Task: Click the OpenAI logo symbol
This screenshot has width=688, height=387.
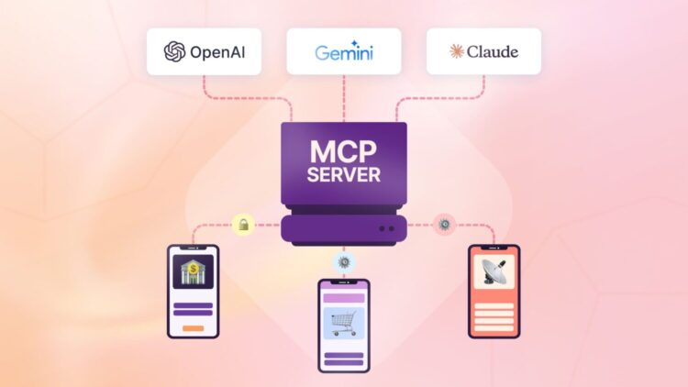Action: (174, 52)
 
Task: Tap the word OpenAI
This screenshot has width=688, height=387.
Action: (214, 52)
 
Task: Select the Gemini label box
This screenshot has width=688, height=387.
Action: (343, 51)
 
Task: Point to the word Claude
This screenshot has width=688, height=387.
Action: (492, 51)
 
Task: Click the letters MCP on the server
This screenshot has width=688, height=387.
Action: (344, 150)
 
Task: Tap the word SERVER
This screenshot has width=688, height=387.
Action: (344, 175)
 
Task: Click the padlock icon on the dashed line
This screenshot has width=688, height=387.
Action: (242, 223)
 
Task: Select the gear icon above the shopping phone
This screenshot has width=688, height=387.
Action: (344, 261)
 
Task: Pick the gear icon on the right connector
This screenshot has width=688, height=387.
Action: (445, 223)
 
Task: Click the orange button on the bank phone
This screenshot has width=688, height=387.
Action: (193, 326)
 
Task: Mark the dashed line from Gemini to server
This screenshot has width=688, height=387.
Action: (344, 96)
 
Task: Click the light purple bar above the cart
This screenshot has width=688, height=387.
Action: (344, 298)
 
